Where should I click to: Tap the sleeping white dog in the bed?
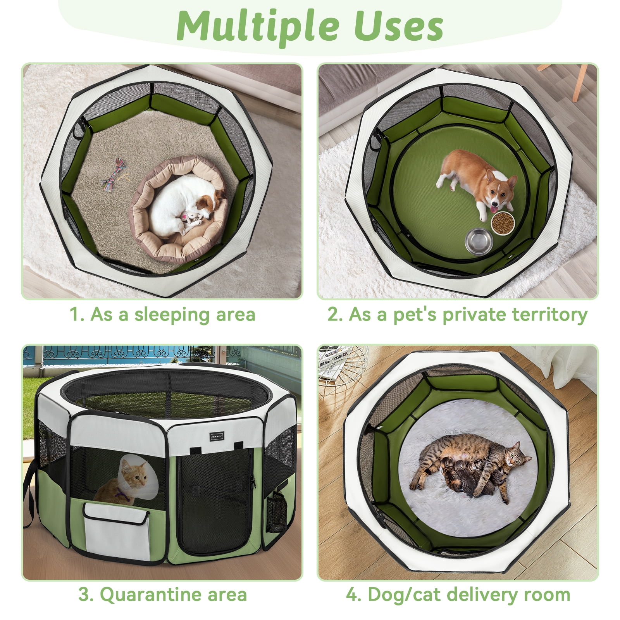(x=185, y=206)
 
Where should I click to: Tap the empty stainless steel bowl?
(x=479, y=241)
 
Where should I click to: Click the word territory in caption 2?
(x=550, y=315)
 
